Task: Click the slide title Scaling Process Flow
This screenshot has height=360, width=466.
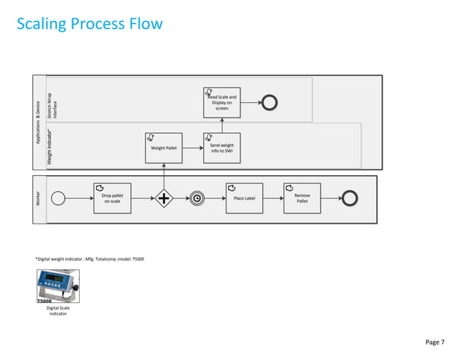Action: (90, 25)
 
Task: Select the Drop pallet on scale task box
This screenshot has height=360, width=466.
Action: (112, 199)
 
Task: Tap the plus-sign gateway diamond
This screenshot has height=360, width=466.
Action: (164, 199)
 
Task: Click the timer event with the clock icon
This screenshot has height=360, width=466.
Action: (197, 199)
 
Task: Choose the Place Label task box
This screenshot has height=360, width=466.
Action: (243, 199)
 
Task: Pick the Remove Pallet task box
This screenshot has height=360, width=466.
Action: (302, 199)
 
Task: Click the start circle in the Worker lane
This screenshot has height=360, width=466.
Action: (58, 199)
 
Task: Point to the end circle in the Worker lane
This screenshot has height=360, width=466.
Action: (349, 199)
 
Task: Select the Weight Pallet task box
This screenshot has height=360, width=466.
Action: (164, 148)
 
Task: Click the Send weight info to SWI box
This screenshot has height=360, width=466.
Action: (221, 148)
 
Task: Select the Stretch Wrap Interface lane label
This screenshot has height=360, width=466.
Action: (53, 107)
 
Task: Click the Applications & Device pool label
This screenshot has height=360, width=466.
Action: (39, 124)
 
